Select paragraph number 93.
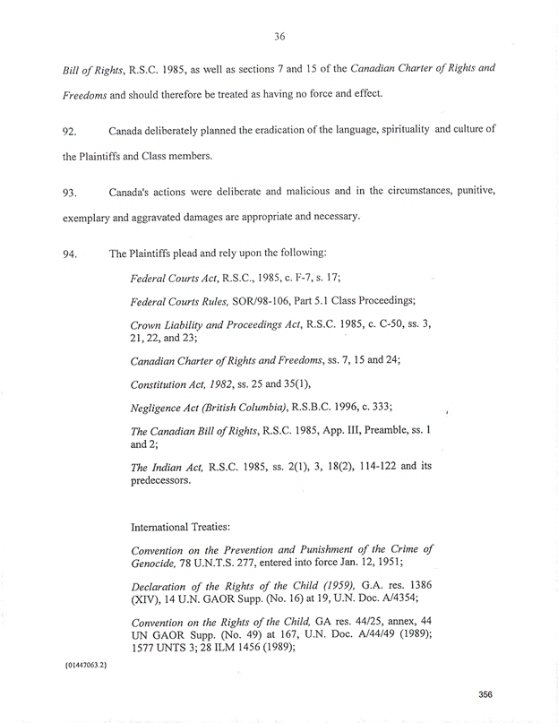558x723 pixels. coord(71,193)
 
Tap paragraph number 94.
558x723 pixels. coord(71,254)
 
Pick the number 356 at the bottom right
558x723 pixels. coord(486,693)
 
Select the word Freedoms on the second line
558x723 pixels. coord(75,94)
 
